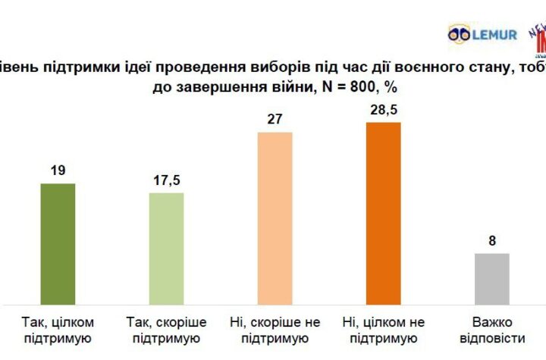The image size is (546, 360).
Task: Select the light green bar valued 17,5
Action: pos(166,247)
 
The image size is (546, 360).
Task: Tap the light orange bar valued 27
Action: pos(275,217)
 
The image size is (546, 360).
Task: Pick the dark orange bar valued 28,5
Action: pos(383,212)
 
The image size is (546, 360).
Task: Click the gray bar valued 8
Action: pos(491,277)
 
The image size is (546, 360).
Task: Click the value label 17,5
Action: pos(166,181)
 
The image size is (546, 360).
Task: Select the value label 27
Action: pos(275,121)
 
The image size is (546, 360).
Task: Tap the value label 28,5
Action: pos(383,111)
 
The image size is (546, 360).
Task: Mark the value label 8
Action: pos(491,241)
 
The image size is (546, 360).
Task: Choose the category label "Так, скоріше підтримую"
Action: pos(166,330)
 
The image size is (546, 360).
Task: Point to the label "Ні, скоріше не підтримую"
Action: pos(275,330)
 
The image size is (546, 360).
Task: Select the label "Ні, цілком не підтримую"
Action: pos(383,330)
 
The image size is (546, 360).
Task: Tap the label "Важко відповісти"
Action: pos(491,330)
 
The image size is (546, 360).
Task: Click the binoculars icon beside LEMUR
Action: pos(460,34)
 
